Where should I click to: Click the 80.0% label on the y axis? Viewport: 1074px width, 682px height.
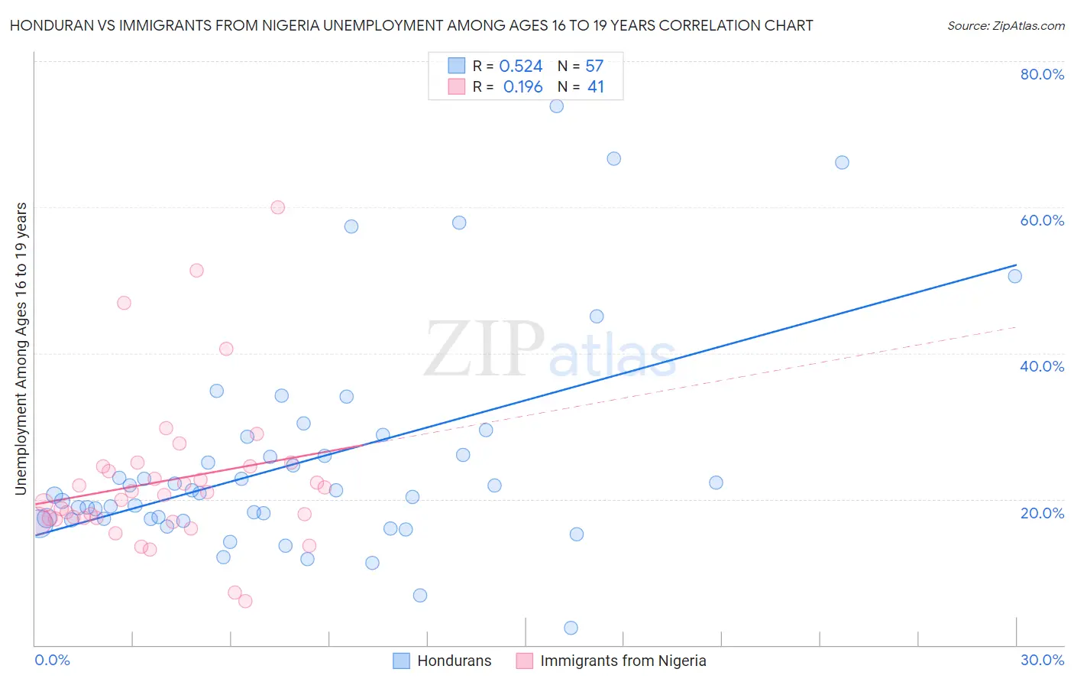(1042, 74)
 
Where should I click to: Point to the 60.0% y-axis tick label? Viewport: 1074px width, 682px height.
(1042, 220)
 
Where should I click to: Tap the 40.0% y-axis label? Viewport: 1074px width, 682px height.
(1042, 366)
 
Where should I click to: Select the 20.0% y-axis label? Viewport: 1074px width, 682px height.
(1042, 513)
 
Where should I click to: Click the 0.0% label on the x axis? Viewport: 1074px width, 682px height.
(52, 660)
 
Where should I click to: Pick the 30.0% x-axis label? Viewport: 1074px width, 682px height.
(1042, 660)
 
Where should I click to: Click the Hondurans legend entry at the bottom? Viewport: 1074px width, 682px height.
(443, 661)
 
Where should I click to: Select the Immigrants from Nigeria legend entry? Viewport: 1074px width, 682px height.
(611, 661)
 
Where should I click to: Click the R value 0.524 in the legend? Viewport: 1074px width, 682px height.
(520, 67)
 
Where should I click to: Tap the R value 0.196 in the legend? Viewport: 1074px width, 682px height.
(522, 87)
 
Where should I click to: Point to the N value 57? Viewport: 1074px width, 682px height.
(594, 67)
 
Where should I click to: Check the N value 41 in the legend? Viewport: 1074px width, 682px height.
(595, 87)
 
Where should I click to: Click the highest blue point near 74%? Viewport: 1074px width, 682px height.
(556, 106)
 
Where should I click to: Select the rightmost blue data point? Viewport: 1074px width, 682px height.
(1014, 276)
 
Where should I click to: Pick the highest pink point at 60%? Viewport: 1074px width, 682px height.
(278, 207)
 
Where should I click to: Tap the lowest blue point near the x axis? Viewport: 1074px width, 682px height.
(571, 628)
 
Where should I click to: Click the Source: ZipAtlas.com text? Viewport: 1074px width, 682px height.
(1005, 26)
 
